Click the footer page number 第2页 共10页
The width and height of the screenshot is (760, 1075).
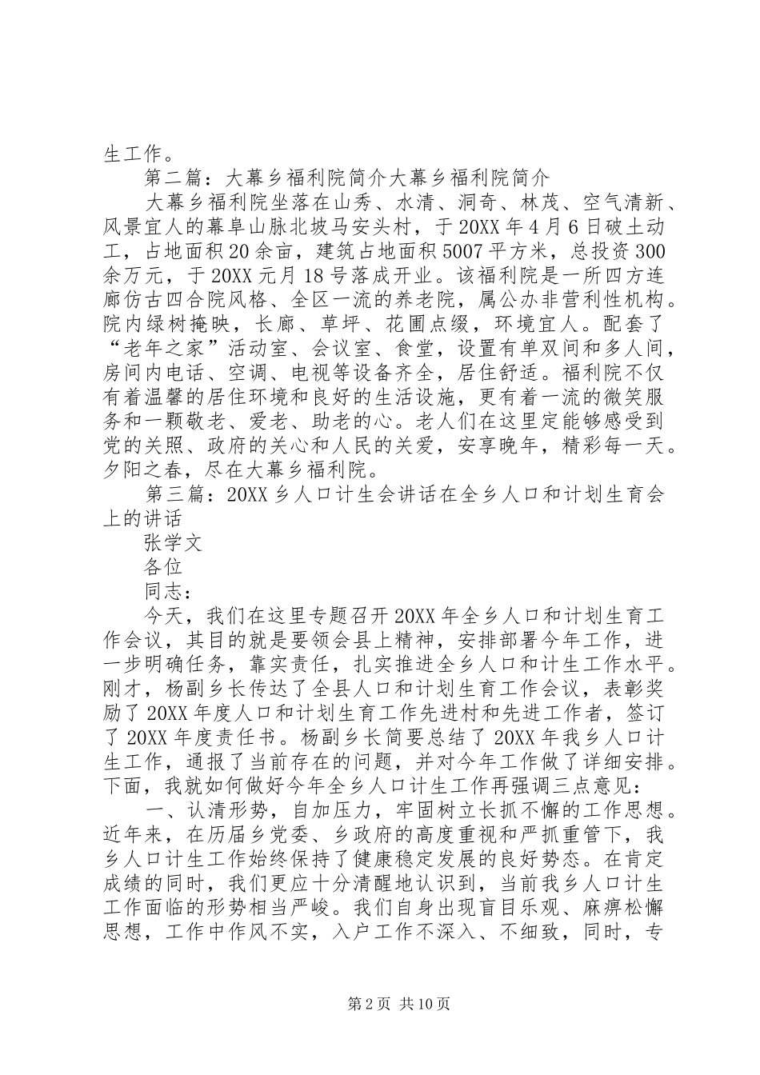coord(379,1003)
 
